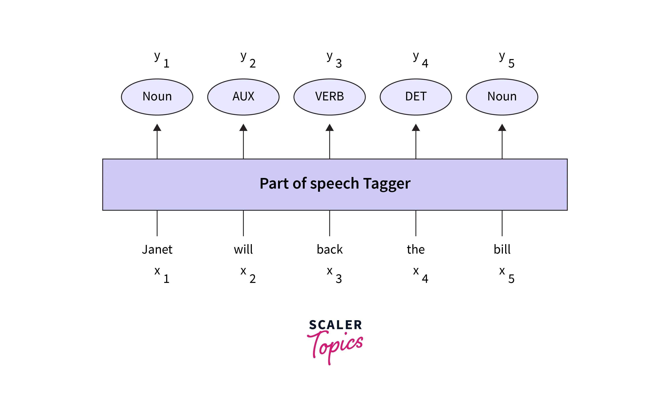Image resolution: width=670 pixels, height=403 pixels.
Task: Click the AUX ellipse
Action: pyautogui.click(x=243, y=97)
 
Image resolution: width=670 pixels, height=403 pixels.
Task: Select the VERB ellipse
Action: pyautogui.click(x=329, y=97)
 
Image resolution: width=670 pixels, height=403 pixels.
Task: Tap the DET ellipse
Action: pyautogui.click(x=416, y=97)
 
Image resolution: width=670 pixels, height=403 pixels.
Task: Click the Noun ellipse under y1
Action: pyautogui.click(x=157, y=97)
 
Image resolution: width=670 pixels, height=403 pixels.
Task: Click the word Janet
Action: pyautogui.click(x=157, y=249)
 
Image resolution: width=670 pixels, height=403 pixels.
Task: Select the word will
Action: pyautogui.click(x=243, y=249)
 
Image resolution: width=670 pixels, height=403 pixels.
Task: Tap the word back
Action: pyautogui.click(x=329, y=249)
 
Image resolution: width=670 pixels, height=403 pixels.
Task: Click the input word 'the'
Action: pyautogui.click(x=416, y=249)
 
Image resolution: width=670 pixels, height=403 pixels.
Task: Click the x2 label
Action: pyautogui.click(x=248, y=275)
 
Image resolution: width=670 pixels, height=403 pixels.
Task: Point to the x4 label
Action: pyautogui.click(x=420, y=275)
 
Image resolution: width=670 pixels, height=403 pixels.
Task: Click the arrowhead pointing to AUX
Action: pyautogui.click(x=243, y=128)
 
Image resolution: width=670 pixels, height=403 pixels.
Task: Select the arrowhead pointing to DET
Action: pyautogui.click(x=416, y=128)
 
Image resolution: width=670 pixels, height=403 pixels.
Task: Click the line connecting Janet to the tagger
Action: pyautogui.click(x=157, y=223)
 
